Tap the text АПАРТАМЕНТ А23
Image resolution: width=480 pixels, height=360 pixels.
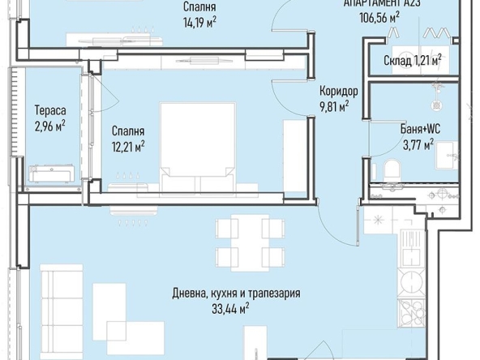[x=384, y=3]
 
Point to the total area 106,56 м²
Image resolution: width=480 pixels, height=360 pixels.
[x=384, y=15]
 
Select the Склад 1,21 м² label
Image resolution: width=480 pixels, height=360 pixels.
[x=413, y=60]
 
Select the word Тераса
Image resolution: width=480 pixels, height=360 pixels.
[x=49, y=111]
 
